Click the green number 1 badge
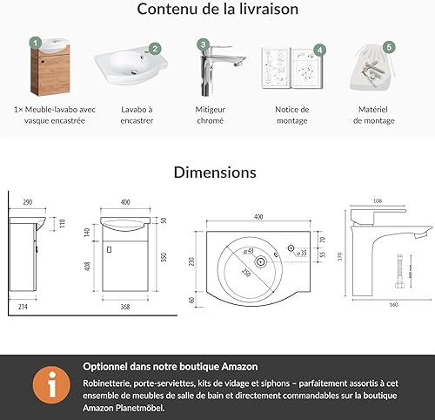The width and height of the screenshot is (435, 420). click(35, 42)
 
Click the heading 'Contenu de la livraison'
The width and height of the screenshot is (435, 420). click(217, 10)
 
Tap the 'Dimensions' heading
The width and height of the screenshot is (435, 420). click(215, 172)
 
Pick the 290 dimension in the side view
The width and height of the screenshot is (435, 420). click(27, 202)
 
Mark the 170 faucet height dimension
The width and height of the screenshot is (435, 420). click(342, 256)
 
